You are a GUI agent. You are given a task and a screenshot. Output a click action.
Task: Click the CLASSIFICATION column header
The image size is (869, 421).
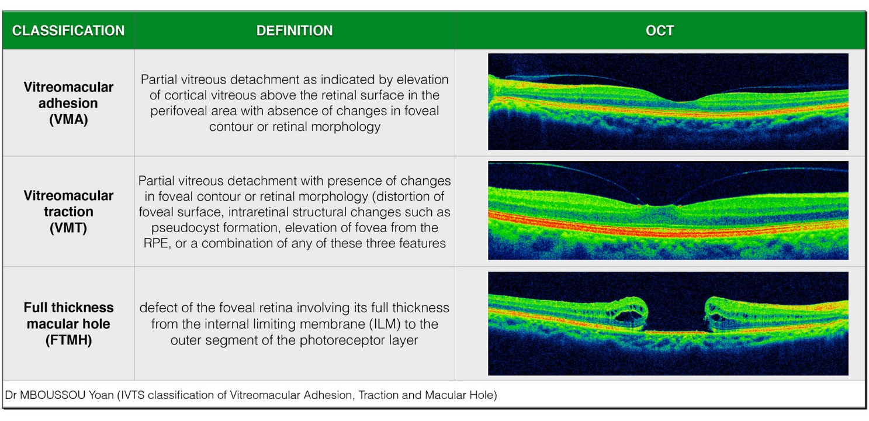click(x=68, y=30)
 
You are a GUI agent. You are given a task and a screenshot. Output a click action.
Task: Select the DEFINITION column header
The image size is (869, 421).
click(x=295, y=30)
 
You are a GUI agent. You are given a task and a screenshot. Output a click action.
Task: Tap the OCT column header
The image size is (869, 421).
click(x=660, y=30)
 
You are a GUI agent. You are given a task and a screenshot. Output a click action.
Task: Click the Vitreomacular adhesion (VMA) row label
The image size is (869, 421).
click(x=68, y=103)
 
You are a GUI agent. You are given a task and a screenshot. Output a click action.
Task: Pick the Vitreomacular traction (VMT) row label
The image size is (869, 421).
click(x=68, y=212)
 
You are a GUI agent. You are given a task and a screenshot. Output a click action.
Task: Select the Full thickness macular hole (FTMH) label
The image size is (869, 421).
click(x=68, y=323)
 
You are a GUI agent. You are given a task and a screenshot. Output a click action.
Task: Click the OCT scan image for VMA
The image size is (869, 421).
click(x=668, y=102)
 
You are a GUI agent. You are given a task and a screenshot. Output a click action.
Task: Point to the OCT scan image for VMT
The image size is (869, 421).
click(x=668, y=210)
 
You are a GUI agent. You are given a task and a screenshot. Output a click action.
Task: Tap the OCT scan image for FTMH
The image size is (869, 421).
click(x=668, y=323)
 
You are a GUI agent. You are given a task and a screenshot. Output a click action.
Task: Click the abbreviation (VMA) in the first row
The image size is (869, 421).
click(x=68, y=119)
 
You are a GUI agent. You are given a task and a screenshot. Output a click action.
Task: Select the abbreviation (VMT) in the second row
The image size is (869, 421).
click(x=68, y=228)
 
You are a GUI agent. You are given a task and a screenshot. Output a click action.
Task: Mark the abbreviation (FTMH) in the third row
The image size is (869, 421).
click(x=68, y=340)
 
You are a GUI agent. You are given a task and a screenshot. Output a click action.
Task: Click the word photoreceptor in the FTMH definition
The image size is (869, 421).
click(x=359, y=340)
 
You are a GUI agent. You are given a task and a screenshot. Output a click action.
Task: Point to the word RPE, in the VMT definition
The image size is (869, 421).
click(x=157, y=244)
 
